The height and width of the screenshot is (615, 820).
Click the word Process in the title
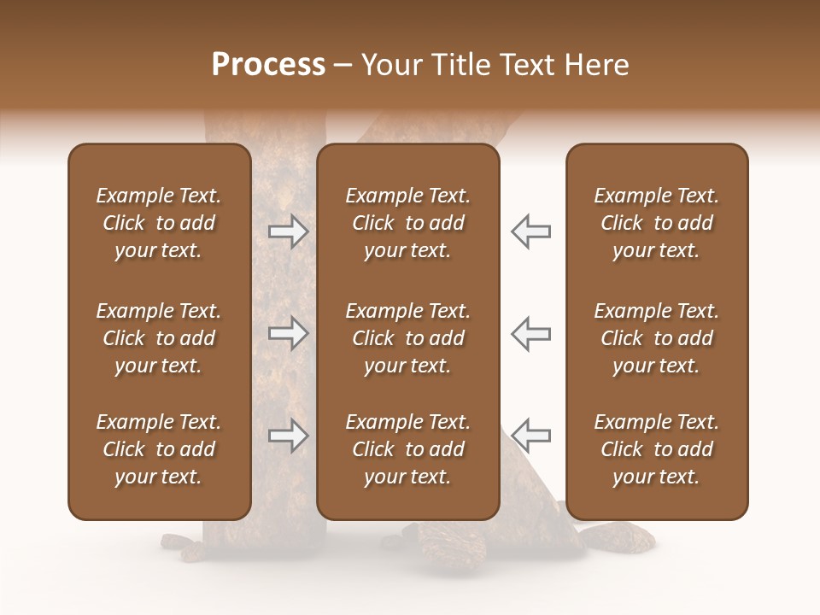click(x=268, y=65)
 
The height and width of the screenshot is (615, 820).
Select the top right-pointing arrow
click(x=288, y=231)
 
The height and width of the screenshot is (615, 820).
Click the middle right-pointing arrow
click(x=288, y=332)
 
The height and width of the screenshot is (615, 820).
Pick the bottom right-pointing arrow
click(x=288, y=435)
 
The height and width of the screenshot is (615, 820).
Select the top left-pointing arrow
click(x=530, y=231)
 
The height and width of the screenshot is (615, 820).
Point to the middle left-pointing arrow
click(x=530, y=332)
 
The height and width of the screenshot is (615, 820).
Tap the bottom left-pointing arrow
click(x=530, y=435)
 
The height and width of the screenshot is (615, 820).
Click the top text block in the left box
click(x=159, y=223)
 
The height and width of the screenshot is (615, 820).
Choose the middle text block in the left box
click(x=159, y=338)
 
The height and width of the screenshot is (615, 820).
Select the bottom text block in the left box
click(x=159, y=449)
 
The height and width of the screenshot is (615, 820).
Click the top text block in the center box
click(x=407, y=223)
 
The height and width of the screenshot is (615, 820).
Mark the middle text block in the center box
click(x=407, y=338)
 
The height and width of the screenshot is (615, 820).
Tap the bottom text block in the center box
click(x=407, y=449)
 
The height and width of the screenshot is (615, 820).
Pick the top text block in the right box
click(x=656, y=223)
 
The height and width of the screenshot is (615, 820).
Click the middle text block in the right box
click(x=656, y=338)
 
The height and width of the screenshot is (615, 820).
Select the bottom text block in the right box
click(x=656, y=449)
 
